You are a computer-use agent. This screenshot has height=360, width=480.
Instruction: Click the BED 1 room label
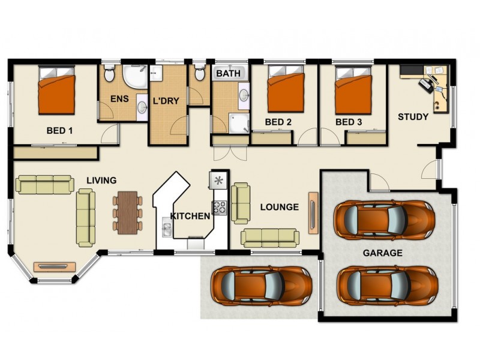60,130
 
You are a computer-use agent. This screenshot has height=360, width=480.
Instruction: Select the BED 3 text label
349,122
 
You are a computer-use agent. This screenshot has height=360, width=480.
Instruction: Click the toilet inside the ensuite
110,75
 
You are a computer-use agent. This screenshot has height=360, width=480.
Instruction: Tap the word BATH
228,74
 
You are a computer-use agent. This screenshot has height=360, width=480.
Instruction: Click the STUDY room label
413,116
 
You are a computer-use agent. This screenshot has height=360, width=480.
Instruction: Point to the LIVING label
101,180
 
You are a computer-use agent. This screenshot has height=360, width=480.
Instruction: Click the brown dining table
127,212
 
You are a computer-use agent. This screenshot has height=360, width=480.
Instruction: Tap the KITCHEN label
190,216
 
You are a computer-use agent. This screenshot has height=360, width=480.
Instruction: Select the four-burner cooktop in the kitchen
219,208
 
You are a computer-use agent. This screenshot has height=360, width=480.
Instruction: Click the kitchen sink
166,229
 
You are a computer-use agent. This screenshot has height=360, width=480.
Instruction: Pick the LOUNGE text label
279,207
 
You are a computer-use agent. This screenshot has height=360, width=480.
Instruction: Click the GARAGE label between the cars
382,253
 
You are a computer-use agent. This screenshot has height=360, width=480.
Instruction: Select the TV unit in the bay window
55,266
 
